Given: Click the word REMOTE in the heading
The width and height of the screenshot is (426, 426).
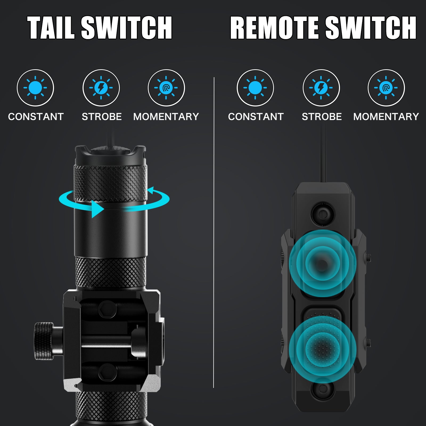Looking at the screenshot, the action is [275, 28].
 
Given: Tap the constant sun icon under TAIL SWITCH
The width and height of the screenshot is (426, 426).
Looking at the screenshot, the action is [35, 88].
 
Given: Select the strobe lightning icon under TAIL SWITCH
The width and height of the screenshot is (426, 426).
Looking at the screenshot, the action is [101, 88].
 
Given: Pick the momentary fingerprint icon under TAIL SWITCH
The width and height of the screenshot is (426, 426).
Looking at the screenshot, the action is [166, 88].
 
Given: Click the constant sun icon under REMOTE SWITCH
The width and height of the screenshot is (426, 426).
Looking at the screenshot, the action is [255, 88].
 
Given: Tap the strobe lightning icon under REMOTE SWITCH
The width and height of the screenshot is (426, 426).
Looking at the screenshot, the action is [321, 88].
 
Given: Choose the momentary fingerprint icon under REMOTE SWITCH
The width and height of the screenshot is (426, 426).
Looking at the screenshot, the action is [386, 88].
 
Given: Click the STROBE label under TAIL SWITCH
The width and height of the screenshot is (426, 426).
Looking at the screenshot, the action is [102, 117].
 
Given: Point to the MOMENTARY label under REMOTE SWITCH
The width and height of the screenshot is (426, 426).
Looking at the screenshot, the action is [386, 117].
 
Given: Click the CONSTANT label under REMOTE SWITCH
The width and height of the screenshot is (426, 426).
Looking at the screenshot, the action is [256, 117].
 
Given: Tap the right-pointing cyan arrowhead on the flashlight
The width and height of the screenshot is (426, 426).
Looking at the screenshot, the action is [97, 209].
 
